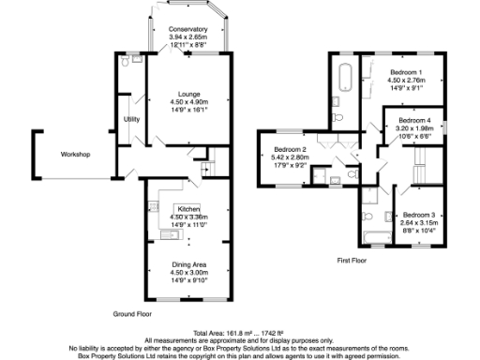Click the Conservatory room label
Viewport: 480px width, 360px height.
click(x=188, y=29)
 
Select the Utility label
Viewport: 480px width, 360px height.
click(x=131, y=119)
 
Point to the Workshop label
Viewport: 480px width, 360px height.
click(x=76, y=154)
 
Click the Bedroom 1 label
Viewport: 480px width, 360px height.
click(x=406, y=72)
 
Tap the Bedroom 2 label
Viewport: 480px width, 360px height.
click(x=291, y=150)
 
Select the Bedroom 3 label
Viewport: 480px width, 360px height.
click(x=419, y=216)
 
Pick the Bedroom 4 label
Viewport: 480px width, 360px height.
click(x=413, y=120)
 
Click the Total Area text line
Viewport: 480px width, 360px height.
click(x=239, y=333)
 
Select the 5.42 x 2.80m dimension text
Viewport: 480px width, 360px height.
click(x=291, y=158)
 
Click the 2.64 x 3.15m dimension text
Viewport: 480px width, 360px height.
click(x=419, y=223)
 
